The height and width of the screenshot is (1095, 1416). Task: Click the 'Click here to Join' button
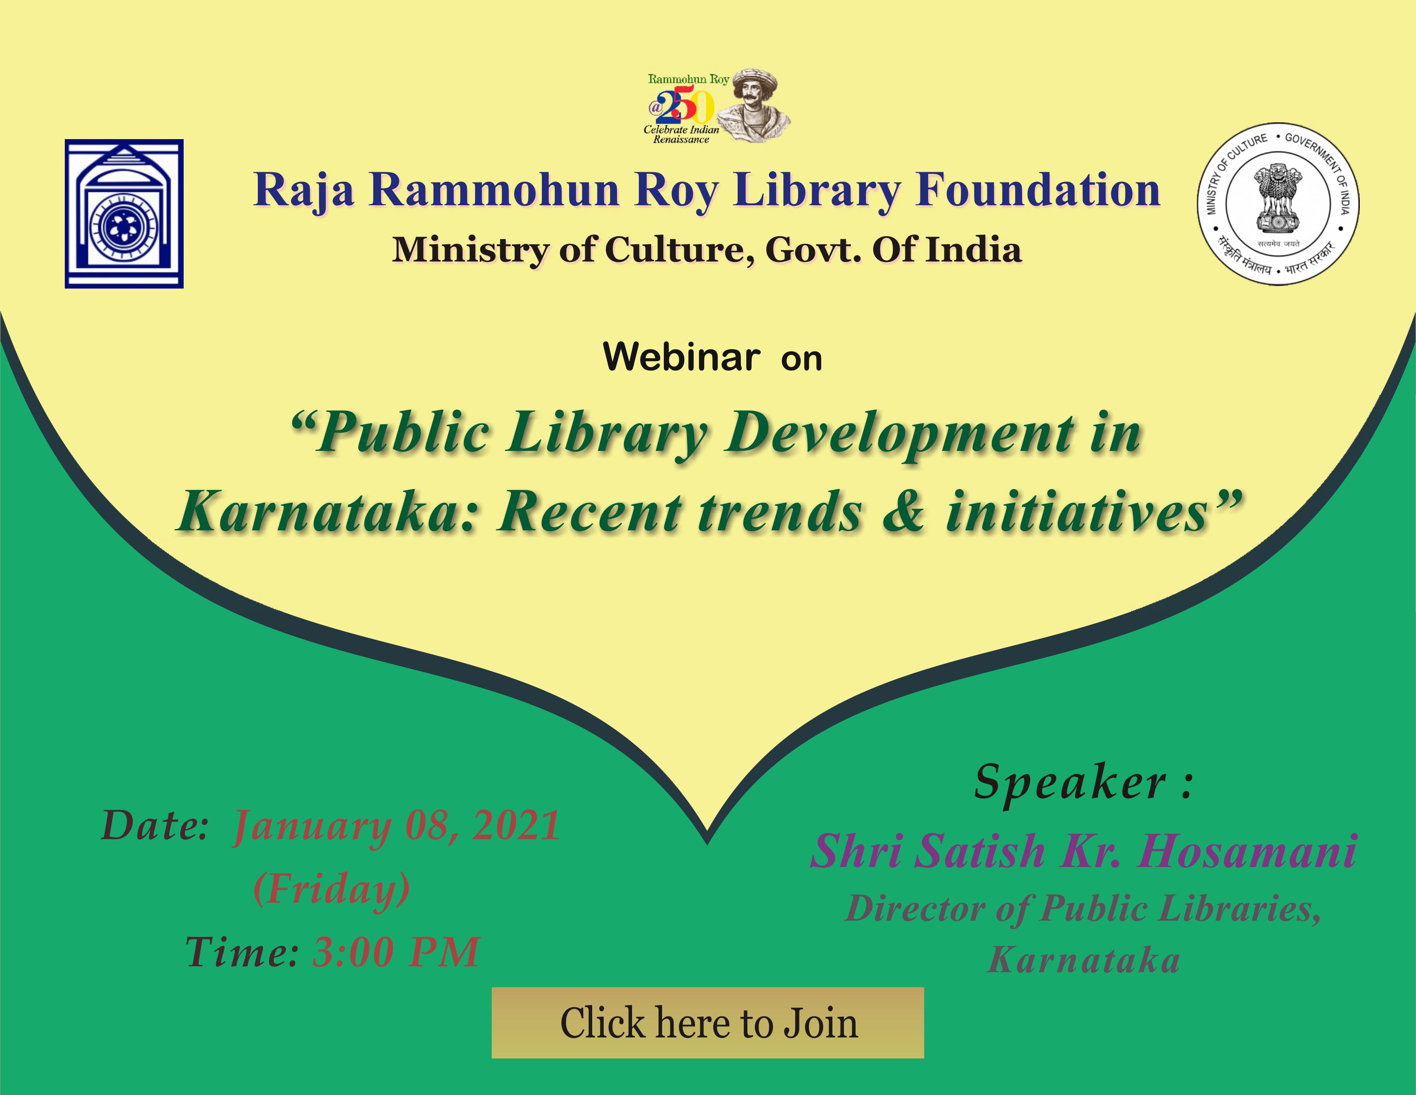(707, 1023)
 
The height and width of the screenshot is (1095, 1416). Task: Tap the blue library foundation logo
(124, 213)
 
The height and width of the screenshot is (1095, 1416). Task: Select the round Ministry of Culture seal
(1278, 204)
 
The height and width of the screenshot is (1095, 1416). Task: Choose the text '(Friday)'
(331, 889)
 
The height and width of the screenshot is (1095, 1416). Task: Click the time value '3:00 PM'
(396, 952)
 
